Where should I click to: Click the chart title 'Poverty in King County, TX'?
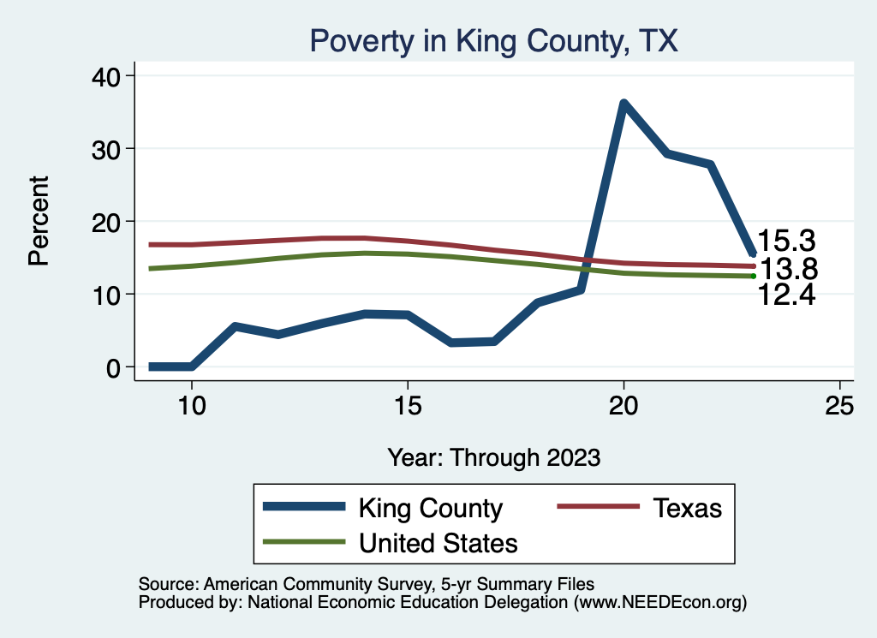click(x=493, y=41)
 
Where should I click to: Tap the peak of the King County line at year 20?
click(x=623, y=104)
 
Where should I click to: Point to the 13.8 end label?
click(x=789, y=270)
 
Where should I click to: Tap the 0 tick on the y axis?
click(x=115, y=367)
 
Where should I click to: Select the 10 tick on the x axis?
click(x=192, y=406)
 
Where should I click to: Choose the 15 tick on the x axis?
click(x=408, y=406)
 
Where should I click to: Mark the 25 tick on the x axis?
click(x=840, y=406)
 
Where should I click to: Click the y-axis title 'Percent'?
click(x=39, y=221)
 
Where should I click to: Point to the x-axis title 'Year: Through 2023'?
click(x=493, y=456)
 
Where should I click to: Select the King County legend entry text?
click(x=430, y=508)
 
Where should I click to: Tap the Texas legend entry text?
click(x=688, y=508)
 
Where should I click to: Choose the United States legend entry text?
click(x=438, y=543)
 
